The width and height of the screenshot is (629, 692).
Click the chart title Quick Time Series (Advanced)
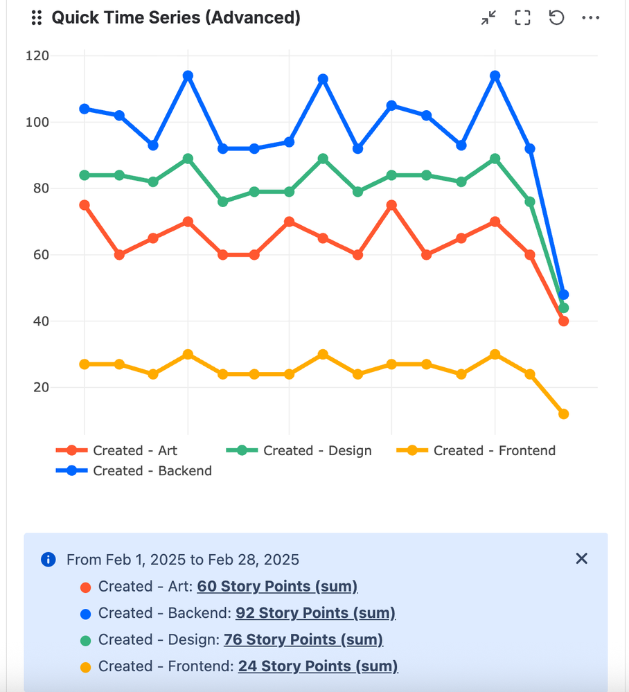(x=176, y=17)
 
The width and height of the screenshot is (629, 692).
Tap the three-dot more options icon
(x=590, y=18)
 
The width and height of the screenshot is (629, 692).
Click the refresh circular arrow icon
(x=556, y=18)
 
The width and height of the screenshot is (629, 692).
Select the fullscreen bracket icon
(x=522, y=18)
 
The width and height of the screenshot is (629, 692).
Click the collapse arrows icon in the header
(x=489, y=18)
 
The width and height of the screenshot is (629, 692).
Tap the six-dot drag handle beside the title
(x=37, y=18)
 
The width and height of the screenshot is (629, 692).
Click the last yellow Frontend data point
(x=563, y=414)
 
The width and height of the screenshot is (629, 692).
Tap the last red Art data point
(x=563, y=321)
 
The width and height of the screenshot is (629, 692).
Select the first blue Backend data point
(x=85, y=109)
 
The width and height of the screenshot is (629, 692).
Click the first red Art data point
(x=85, y=205)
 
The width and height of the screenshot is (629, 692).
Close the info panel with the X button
(x=581, y=558)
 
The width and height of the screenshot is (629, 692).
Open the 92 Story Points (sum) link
(x=315, y=613)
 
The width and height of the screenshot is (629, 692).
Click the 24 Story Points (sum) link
(x=318, y=666)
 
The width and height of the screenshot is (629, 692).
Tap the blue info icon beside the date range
(x=48, y=560)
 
